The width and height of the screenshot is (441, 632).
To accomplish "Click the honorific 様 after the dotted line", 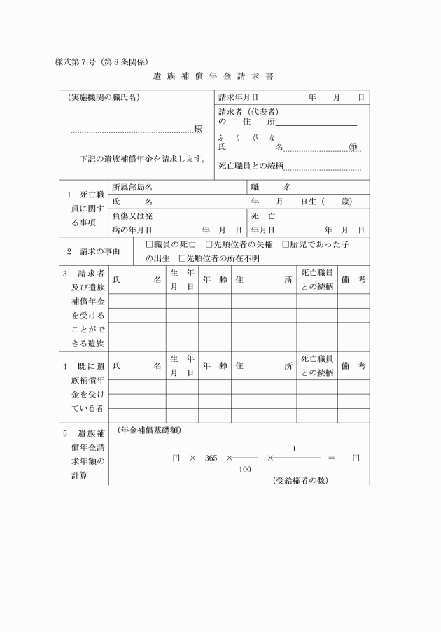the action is pos(198,129).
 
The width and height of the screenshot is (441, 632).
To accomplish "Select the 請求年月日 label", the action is pos(239,97).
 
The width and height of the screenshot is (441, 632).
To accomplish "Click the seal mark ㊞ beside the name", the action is pos(353,148).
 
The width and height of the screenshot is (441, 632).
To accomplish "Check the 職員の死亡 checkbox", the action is pos(149,244).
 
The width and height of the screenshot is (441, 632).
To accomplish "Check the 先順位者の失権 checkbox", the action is pos(209,244).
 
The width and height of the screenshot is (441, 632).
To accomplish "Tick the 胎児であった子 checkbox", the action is pos(286,244).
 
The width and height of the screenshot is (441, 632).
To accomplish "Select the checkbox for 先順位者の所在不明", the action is pos(182,258).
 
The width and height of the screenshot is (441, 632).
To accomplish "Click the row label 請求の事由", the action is pos(94,251).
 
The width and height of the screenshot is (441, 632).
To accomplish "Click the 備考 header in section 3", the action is pos(353,279).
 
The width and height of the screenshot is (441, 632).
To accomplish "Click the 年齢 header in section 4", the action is pos(214,365).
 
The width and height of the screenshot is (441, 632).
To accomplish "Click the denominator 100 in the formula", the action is pos(245,470).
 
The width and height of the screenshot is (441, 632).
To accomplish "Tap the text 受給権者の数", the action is pos(300,481).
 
